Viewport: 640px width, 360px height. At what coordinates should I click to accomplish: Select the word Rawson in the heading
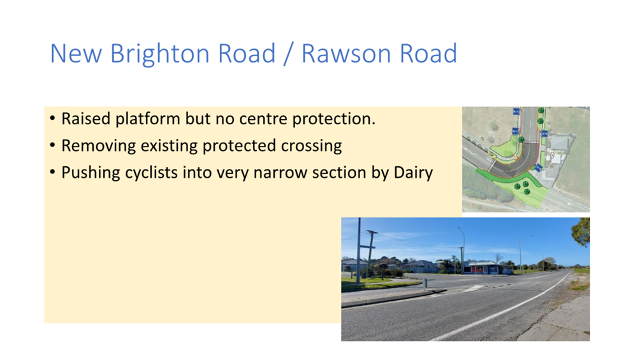[x=347, y=54]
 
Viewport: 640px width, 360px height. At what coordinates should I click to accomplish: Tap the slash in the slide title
[x=288, y=54]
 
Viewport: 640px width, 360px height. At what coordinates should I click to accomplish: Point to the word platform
[x=148, y=119]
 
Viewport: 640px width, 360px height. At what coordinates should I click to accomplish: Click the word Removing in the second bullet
[x=98, y=146]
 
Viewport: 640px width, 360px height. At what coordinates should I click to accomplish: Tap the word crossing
[x=312, y=146]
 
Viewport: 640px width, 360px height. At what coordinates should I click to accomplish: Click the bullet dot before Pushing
[x=52, y=173]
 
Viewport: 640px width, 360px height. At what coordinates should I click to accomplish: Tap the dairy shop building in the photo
[x=488, y=268]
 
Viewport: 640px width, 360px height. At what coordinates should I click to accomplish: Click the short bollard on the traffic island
[x=425, y=282]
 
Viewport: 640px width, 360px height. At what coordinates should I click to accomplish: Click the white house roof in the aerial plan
[x=559, y=143]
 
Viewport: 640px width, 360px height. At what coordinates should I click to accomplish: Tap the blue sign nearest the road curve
[x=539, y=168]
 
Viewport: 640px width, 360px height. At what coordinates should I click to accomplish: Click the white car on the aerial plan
[x=569, y=203]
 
